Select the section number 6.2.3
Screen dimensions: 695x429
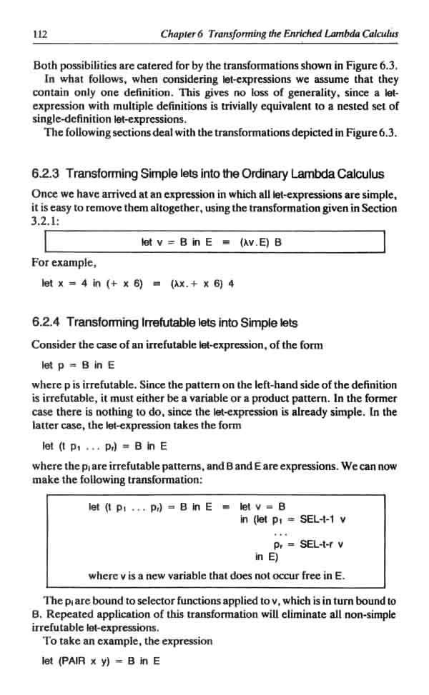48,174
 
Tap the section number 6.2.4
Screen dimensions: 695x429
48,322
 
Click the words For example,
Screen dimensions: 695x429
59,262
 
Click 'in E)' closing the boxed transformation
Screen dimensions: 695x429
267,557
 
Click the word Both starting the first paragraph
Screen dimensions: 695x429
46,66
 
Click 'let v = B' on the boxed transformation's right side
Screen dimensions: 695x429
262,506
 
